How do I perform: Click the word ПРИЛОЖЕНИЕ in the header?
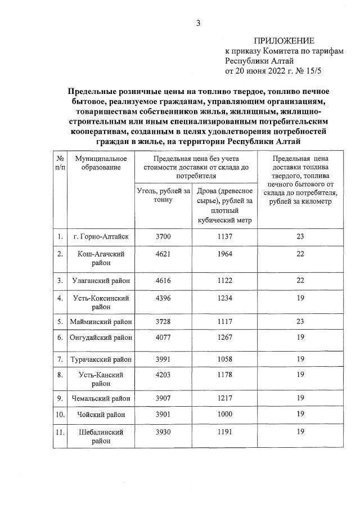tap(283, 41)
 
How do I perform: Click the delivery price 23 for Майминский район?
tap(300, 321)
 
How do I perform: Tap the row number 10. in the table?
tap(60, 415)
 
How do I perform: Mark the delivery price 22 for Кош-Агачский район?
tap(300, 254)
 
